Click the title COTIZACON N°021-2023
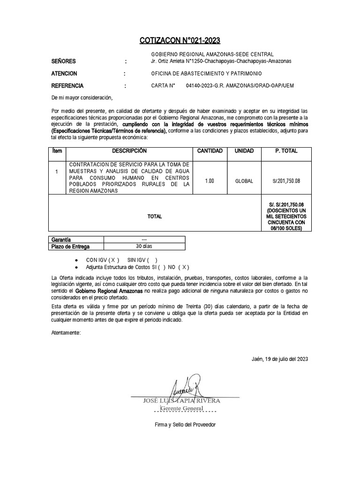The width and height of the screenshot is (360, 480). pos(180,40)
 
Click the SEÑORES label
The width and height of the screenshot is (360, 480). pos(63,61)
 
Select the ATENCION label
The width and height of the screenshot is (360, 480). pos(64,74)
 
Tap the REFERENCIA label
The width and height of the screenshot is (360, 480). pos(67,86)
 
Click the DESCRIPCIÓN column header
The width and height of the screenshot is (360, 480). pos(129,151)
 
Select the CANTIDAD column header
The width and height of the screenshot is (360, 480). pos(210,151)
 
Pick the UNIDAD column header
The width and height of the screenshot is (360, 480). pos(244,151)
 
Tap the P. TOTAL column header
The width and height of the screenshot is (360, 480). pos(285,151)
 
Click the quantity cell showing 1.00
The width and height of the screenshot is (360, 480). pos(210,180)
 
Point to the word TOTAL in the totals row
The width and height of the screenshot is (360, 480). pos(155,217)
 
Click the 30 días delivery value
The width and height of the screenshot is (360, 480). pos(144,247)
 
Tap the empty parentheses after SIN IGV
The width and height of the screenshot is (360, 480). pos(152,260)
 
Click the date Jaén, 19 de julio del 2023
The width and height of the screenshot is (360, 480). pos(280,359)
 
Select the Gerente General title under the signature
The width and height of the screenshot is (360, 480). pos(182,409)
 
